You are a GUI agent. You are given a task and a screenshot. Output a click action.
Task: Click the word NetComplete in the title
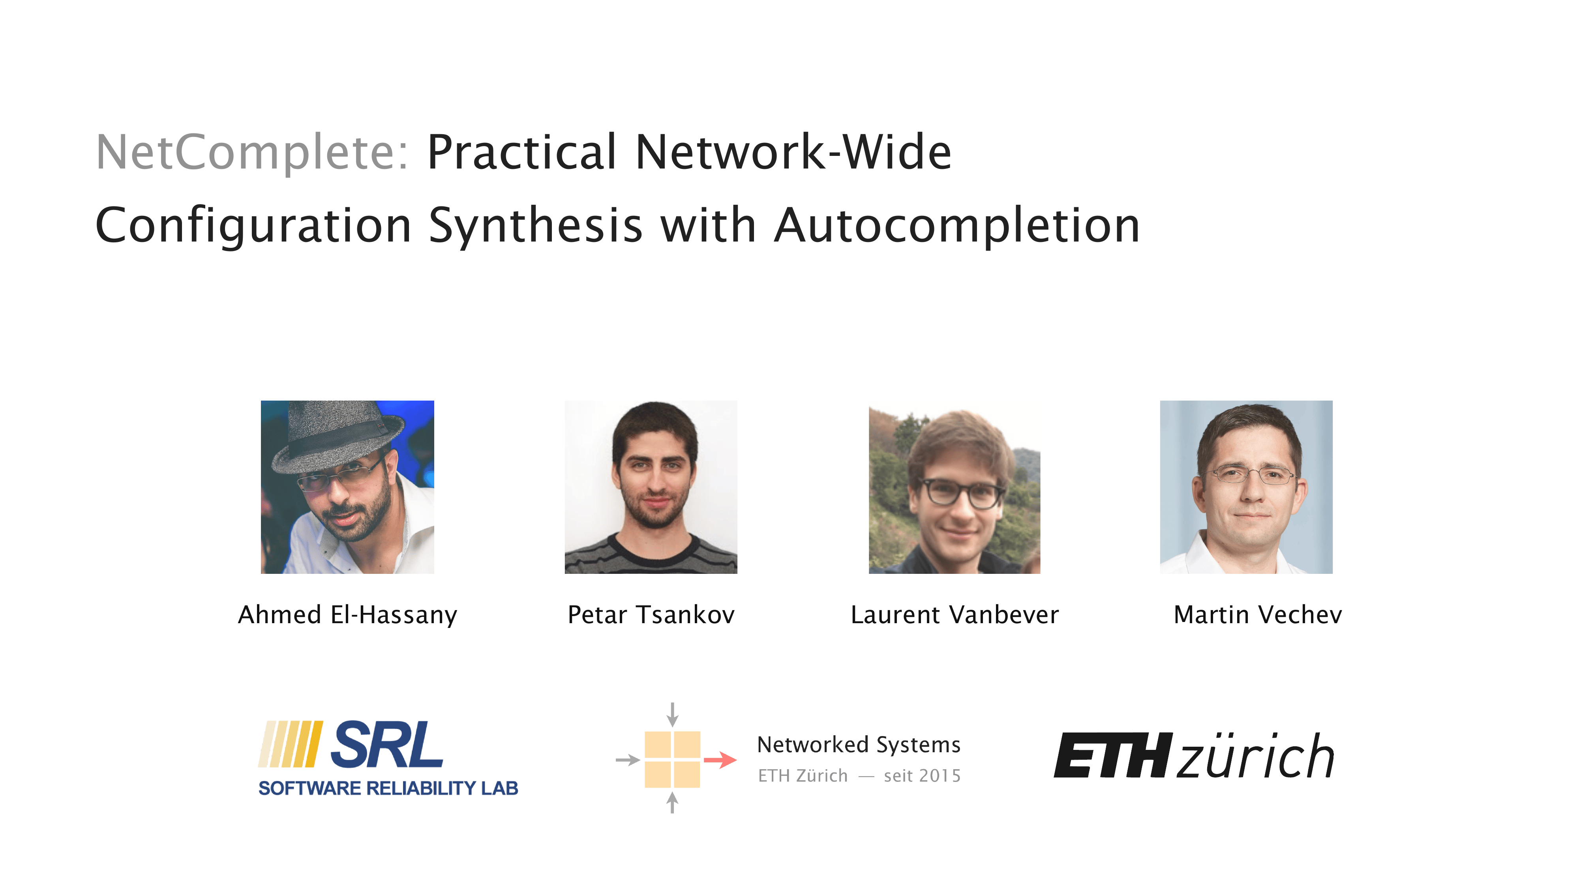[252, 153]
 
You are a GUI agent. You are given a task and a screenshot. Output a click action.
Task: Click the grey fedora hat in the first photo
[337, 437]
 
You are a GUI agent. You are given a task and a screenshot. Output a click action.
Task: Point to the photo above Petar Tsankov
[651, 487]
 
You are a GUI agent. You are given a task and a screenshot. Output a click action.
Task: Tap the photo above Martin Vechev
[1246, 487]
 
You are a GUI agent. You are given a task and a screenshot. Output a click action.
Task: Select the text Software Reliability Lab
[388, 788]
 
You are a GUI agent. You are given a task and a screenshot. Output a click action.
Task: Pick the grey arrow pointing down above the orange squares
[672, 715]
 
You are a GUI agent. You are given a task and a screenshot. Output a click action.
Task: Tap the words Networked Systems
[859, 745]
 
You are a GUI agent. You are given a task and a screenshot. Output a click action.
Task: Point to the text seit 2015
[922, 776]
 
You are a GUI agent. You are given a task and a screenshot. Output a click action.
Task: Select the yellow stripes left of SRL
[290, 744]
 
